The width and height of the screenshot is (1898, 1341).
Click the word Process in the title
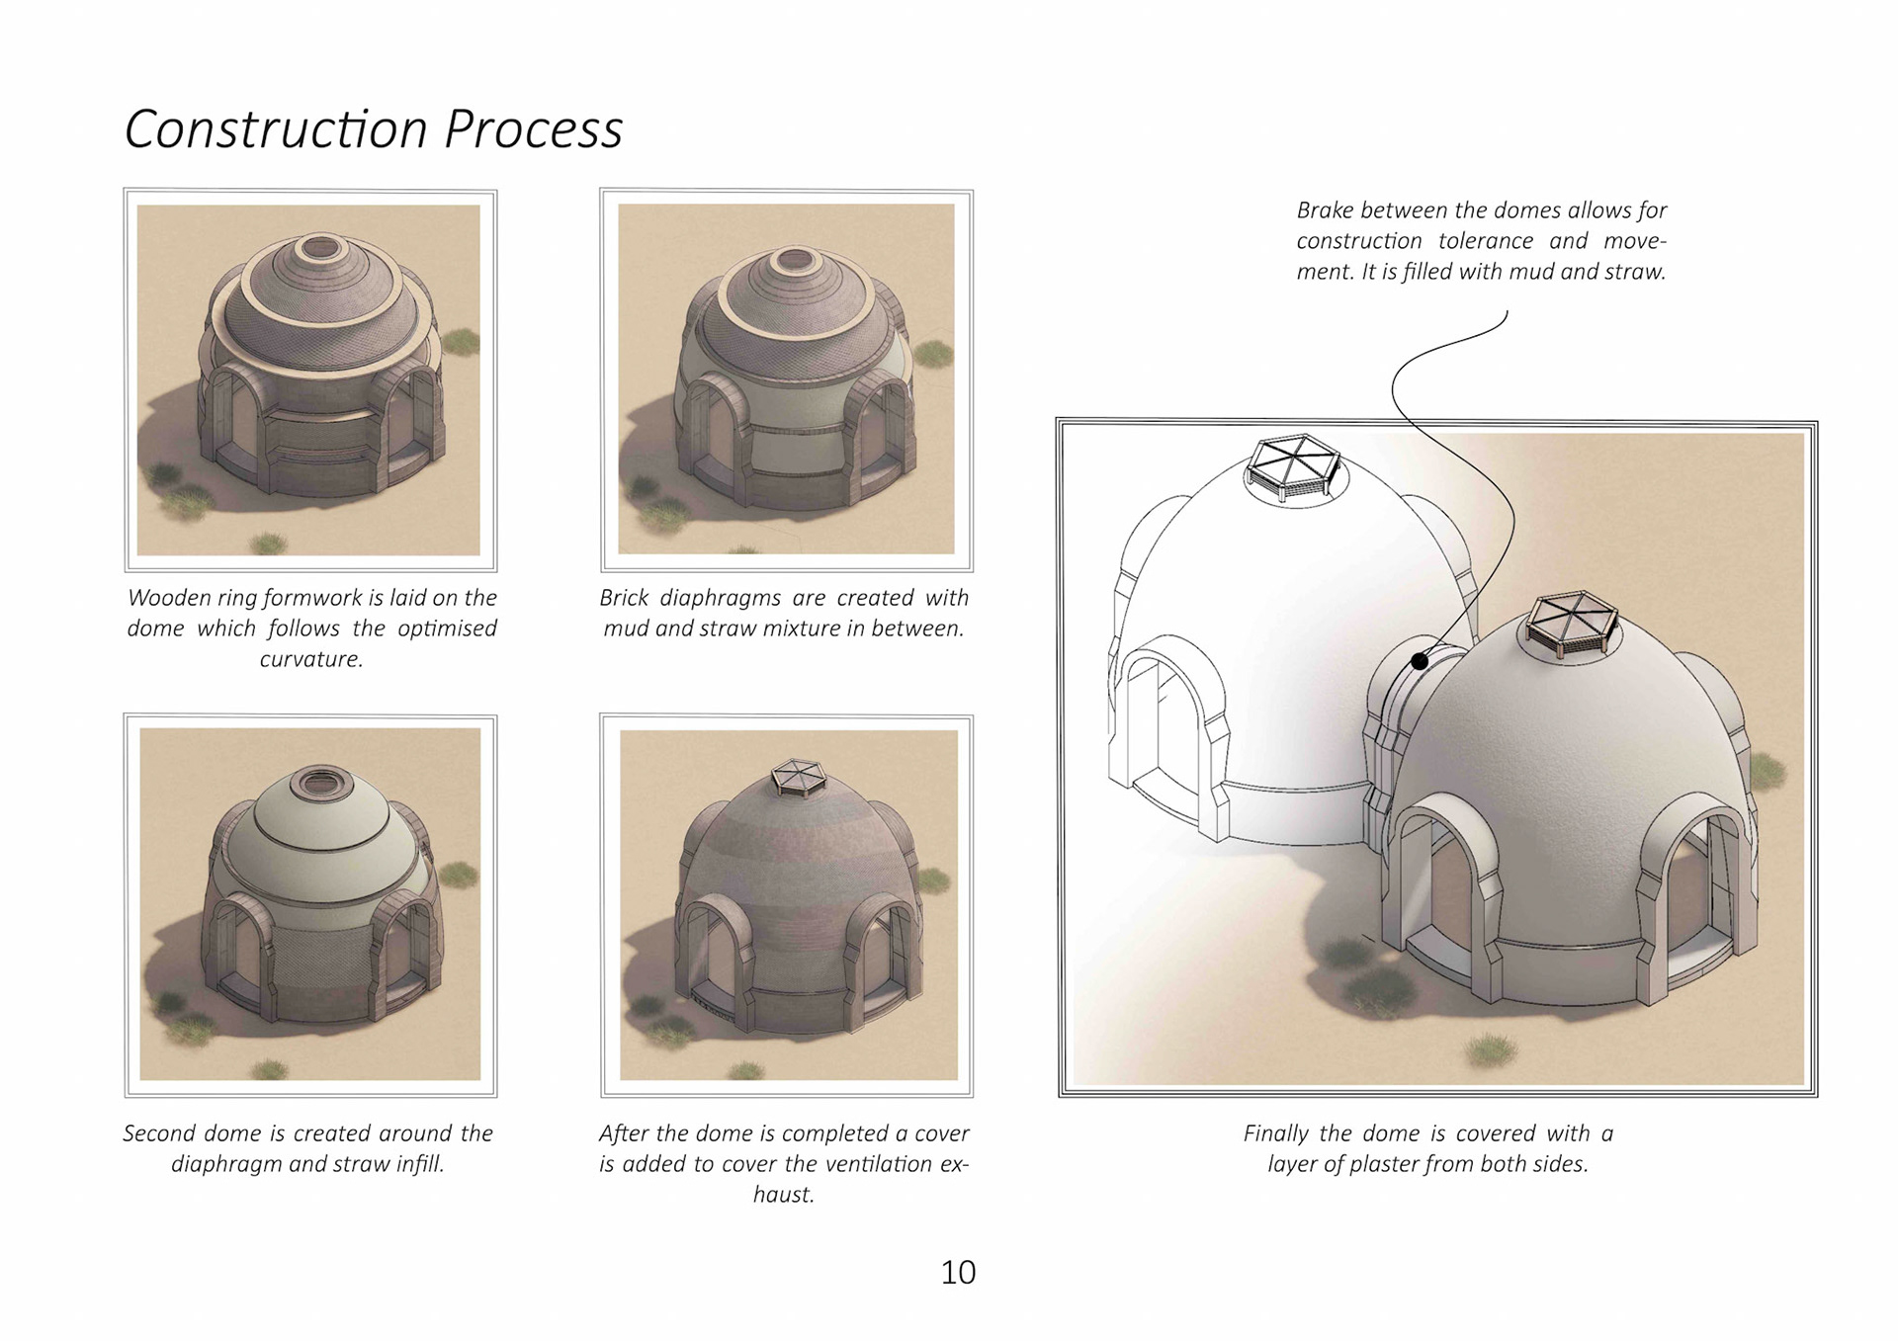tap(533, 129)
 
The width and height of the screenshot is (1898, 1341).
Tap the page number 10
tap(957, 1272)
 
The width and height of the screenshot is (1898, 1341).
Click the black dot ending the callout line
tap(1420, 661)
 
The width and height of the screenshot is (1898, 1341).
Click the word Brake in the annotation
tap(1325, 210)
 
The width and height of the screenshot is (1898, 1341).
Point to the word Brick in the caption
tap(624, 598)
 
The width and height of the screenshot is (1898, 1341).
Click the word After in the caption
tap(623, 1133)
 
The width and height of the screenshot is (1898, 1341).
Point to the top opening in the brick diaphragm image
tap(793, 261)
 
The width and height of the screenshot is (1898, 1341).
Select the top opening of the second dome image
tap(318, 785)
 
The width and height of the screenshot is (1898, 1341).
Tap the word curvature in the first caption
tap(310, 659)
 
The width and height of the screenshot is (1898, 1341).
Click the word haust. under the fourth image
tap(783, 1195)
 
